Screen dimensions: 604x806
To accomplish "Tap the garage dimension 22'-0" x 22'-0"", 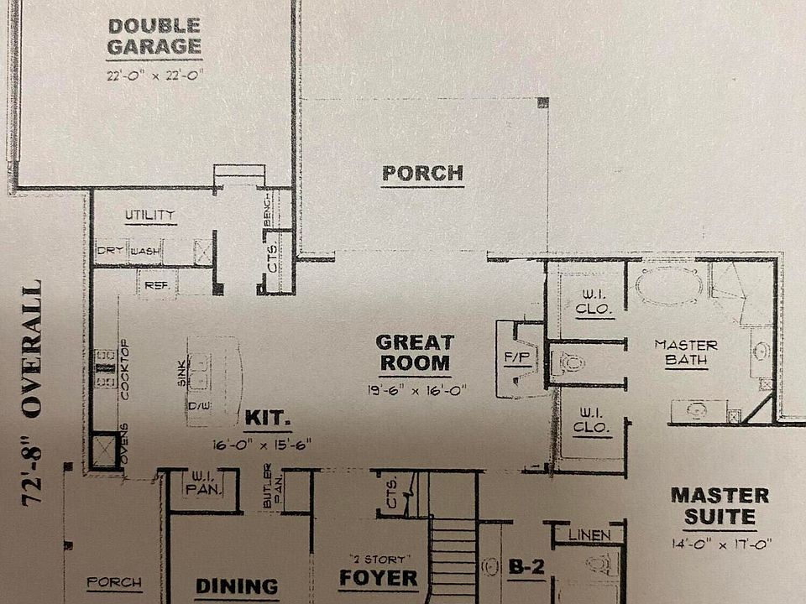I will click(155, 75).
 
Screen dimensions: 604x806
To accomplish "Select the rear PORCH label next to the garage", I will click(422, 174).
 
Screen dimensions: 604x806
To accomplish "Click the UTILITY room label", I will click(150, 216).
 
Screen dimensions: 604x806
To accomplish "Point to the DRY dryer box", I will click(111, 250).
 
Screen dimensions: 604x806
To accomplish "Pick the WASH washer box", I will click(144, 250).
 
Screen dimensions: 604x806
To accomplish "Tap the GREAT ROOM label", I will click(415, 352).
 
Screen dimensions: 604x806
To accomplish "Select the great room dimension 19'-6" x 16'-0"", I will click(415, 389).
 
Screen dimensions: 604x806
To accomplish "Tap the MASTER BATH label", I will click(686, 353).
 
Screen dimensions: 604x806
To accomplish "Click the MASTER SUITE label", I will click(720, 506).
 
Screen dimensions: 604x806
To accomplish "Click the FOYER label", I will click(378, 578).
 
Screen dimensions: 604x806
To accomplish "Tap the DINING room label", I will click(237, 586).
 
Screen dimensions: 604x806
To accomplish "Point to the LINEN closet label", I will click(594, 534).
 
